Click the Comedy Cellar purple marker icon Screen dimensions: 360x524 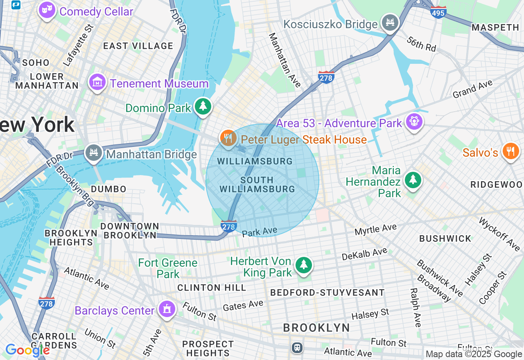click(x=47, y=11)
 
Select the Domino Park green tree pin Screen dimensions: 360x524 click(x=203, y=107)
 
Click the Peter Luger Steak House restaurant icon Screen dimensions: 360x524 click(x=228, y=138)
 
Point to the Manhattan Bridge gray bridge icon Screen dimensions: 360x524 click(x=94, y=153)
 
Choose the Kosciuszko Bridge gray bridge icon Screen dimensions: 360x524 click(x=390, y=22)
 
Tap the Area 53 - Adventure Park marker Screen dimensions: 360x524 click(x=414, y=122)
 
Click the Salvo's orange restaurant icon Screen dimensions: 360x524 click(x=510, y=151)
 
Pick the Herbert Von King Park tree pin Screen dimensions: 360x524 click(x=303, y=265)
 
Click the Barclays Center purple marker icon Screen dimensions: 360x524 click(x=167, y=310)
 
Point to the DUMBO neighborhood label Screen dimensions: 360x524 click(x=108, y=189)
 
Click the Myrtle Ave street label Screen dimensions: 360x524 click(x=375, y=229)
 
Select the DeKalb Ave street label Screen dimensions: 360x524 click(x=364, y=254)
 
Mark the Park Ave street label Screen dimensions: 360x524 click(x=260, y=232)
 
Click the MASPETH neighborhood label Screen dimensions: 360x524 click(x=495, y=27)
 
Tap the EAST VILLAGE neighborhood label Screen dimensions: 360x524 click(x=138, y=46)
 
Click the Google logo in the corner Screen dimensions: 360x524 click(x=27, y=350)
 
